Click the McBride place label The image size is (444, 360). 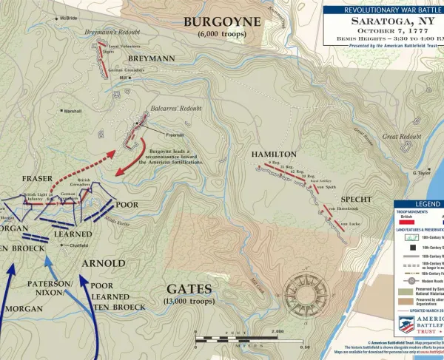click(68, 17)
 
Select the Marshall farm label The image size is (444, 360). click(73, 112)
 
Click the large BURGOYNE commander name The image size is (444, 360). click(223, 21)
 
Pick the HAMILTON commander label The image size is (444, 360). click(274, 154)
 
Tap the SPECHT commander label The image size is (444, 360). click(356, 200)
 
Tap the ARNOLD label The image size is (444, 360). click(104, 264)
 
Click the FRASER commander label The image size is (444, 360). click(37, 179)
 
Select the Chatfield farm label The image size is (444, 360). click(79, 245)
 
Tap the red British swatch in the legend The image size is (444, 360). click(406, 221)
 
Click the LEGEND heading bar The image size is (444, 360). click(418, 203)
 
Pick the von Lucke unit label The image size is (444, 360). click(349, 223)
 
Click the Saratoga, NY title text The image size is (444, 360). click(383, 24)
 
